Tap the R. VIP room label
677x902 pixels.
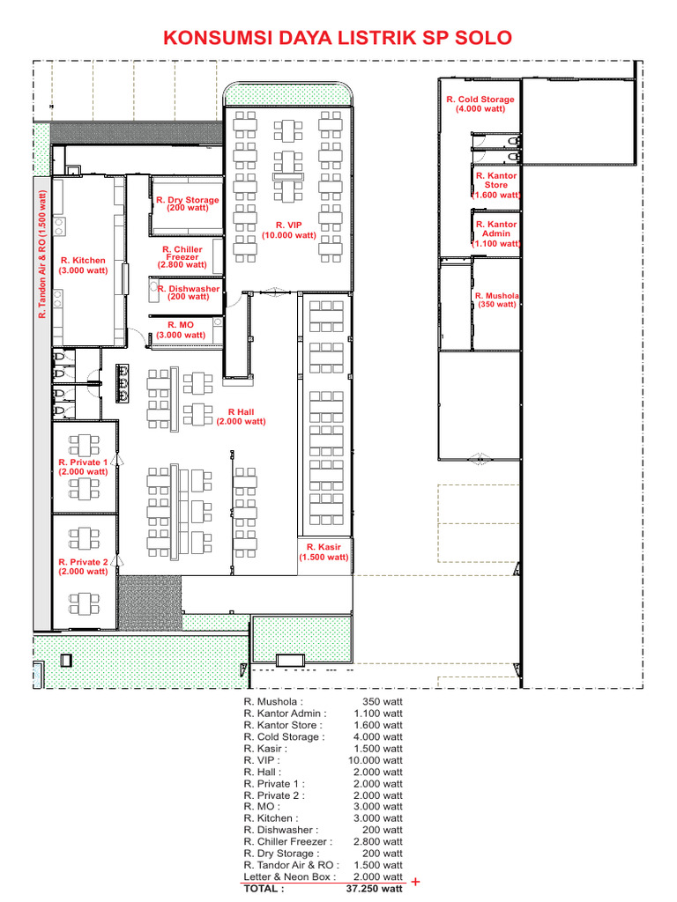point(288,230)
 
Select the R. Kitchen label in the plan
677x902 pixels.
point(83,265)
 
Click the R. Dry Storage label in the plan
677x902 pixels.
point(187,203)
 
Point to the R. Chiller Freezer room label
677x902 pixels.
point(182,257)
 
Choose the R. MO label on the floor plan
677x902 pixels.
point(181,329)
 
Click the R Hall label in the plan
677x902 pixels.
point(241,417)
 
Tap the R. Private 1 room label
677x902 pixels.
point(83,467)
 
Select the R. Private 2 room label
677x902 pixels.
point(83,566)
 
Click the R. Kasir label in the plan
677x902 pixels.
point(324,552)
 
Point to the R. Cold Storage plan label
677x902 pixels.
point(480,104)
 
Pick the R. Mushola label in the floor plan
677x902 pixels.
point(496,299)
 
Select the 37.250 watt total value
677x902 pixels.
point(376,889)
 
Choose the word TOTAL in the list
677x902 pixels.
point(264,889)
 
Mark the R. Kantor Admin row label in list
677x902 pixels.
point(285,713)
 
